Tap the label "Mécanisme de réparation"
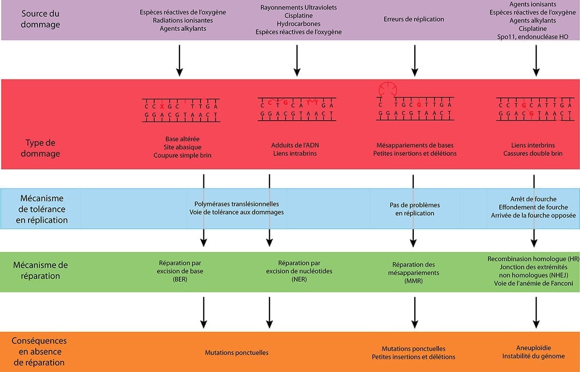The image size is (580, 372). [41, 270]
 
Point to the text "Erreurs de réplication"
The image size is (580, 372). [414, 19]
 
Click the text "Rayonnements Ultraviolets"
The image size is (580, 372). [298, 8]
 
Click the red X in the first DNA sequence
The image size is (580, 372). [162, 106]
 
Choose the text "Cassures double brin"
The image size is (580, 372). [533, 153]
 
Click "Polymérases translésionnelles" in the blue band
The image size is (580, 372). [236, 204]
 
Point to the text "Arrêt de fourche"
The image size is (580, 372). [533, 199]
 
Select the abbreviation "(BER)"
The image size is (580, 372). [179, 280]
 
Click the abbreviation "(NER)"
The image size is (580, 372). [299, 280]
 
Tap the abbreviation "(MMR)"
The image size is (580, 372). [413, 281]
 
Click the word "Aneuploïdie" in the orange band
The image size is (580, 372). [534, 347]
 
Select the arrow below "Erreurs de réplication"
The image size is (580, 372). [414, 60]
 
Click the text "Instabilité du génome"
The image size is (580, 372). [534, 356]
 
